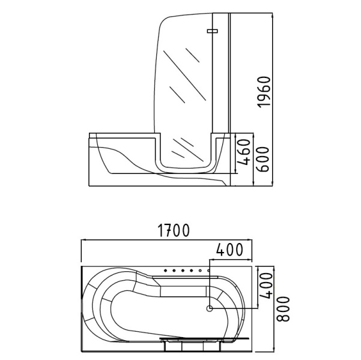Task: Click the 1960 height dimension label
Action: [264, 92]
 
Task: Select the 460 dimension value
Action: [244, 152]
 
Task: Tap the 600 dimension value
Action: [262, 159]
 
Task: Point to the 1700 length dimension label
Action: [174, 230]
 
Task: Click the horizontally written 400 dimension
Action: [229, 250]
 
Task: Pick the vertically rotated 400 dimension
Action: [266, 286]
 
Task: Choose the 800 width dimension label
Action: [283, 309]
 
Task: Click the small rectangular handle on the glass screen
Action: [212, 31]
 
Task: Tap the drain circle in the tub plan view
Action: [210, 308]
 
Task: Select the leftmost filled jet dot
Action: [165, 271]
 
